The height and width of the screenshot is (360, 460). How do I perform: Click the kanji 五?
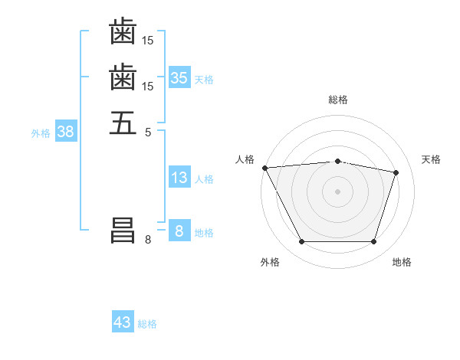pyautogui.click(x=123, y=123)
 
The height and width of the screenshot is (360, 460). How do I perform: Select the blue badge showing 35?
pyautogui.click(x=179, y=78)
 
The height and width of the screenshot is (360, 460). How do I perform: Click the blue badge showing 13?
pyautogui.click(x=179, y=178)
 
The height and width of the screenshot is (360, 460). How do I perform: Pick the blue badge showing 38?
pyautogui.click(x=66, y=132)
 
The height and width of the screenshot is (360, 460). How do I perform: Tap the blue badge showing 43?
pyautogui.click(x=123, y=322)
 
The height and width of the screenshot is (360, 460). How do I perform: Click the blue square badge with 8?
pyautogui.click(x=179, y=231)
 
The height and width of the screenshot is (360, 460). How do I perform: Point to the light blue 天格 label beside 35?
pyautogui.click(x=204, y=79)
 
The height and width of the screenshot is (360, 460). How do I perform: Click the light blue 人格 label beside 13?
pyautogui.click(x=204, y=179)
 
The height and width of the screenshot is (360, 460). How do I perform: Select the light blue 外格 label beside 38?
pyautogui.click(x=41, y=133)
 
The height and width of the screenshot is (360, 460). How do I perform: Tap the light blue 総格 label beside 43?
pyautogui.click(x=147, y=323)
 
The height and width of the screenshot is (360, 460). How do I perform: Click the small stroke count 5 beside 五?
pyautogui.click(x=148, y=132)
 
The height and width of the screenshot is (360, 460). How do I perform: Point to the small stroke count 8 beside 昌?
pyautogui.click(x=148, y=240)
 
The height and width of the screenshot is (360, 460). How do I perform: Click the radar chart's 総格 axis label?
pyautogui.click(x=337, y=100)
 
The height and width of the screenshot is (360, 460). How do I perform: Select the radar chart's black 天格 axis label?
pyautogui.click(x=431, y=159)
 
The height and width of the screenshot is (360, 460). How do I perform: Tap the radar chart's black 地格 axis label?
pyautogui.click(x=402, y=262)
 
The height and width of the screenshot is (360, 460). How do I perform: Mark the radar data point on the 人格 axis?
pyautogui.click(x=264, y=168)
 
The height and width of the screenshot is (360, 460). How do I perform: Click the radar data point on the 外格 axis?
pyautogui.click(x=301, y=242)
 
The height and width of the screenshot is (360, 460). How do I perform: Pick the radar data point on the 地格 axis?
pyautogui.click(x=373, y=242)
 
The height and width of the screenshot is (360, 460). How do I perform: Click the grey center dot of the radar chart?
pyautogui.click(x=337, y=191)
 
